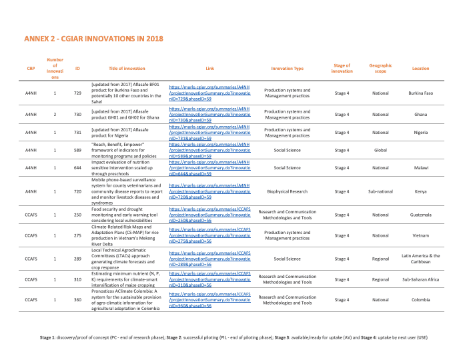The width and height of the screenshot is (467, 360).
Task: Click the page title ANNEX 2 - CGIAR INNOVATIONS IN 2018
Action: [93, 40]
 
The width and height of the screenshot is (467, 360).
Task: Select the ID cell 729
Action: [77, 93]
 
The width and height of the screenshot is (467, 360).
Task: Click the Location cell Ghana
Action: [420, 114]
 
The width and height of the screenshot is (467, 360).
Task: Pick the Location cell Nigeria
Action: [420, 133]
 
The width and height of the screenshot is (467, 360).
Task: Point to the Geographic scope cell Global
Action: [380, 151]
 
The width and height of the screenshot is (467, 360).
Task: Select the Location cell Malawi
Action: [420, 168]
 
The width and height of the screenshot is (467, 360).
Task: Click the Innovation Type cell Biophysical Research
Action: [288, 191]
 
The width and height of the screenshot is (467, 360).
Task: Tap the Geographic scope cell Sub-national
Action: [380, 191]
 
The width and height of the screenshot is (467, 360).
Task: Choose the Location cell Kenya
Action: [420, 191]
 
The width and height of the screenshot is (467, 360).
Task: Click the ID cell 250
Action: [77, 215]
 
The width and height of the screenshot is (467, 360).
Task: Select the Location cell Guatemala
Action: [420, 215]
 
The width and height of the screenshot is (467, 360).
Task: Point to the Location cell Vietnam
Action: [420, 235]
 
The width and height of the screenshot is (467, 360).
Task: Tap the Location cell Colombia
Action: [420, 300]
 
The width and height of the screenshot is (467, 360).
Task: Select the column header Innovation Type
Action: [288, 69]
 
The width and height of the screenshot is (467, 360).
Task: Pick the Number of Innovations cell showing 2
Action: [55, 114]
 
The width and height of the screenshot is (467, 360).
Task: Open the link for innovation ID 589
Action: [209, 151]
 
